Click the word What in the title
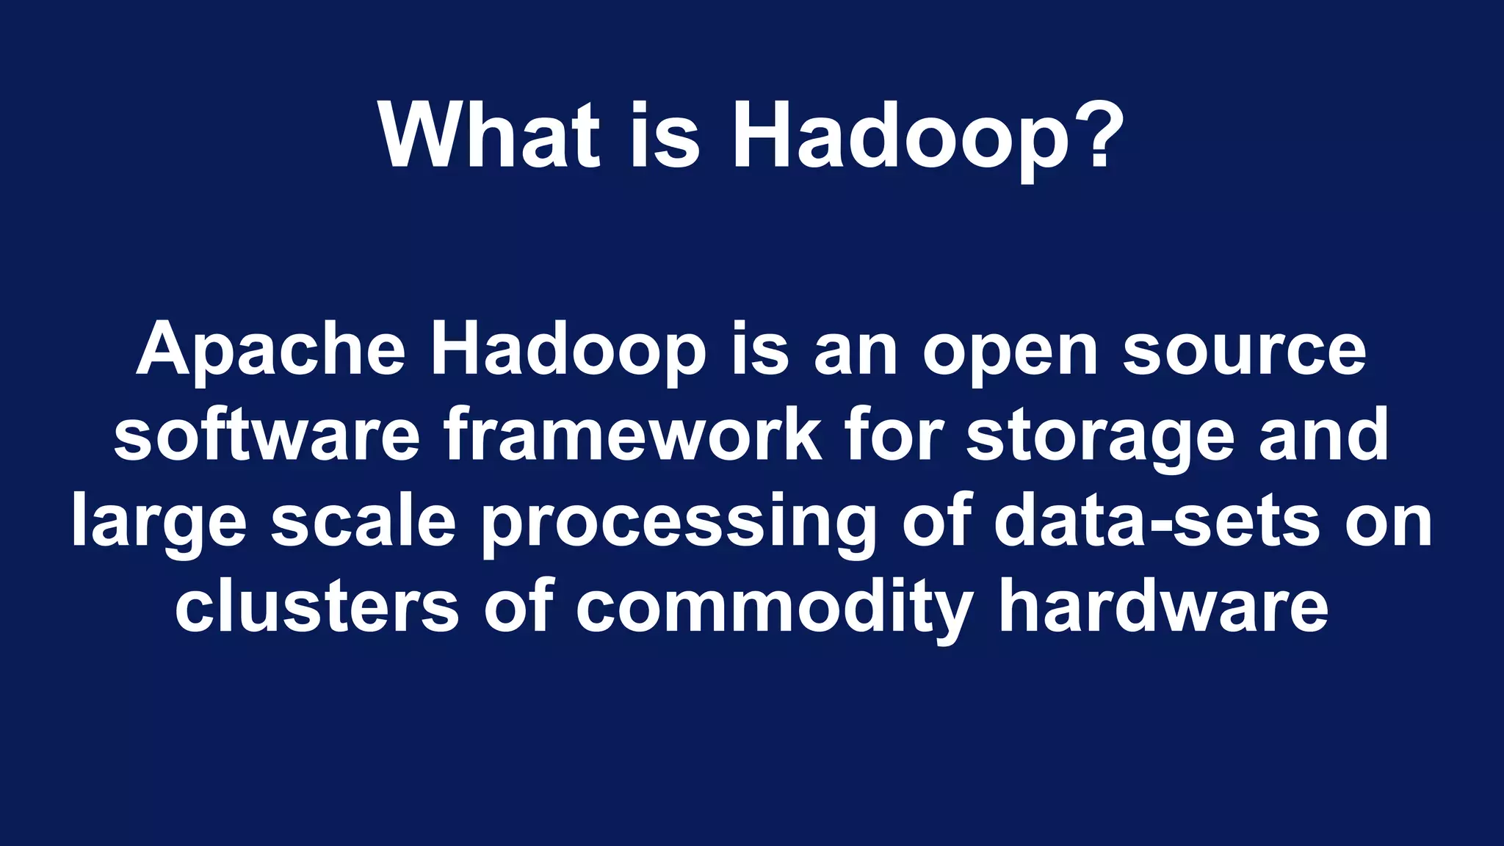click(489, 135)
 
